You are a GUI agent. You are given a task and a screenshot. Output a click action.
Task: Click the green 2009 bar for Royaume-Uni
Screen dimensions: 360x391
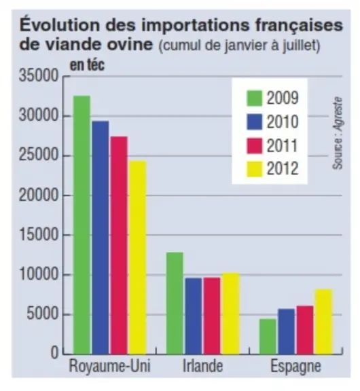tap(82, 225)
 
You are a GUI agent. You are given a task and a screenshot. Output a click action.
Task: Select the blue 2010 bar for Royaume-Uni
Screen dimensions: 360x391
tap(101, 238)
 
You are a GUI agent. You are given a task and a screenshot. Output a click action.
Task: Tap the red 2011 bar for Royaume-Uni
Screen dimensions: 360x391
tap(119, 245)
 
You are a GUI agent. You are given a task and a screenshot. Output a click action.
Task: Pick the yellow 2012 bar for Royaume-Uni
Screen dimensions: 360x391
tap(138, 257)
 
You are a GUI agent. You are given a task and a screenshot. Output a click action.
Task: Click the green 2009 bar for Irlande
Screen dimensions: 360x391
tap(175, 303)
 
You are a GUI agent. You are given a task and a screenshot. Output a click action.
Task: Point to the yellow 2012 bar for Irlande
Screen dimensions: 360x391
tap(231, 314)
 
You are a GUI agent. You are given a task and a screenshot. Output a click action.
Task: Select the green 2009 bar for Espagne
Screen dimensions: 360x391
tap(268, 337)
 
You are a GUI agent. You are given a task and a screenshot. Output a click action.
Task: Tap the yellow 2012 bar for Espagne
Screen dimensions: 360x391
tap(324, 322)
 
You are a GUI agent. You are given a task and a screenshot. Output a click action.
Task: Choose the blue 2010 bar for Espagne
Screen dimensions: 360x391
tap(287, 331)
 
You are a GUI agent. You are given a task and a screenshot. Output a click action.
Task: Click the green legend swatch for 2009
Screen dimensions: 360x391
tap(255, 98)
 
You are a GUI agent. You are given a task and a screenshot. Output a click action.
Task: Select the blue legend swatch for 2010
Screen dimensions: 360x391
tap(255, 122)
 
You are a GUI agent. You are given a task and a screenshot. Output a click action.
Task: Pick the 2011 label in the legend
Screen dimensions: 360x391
tap(283, 146)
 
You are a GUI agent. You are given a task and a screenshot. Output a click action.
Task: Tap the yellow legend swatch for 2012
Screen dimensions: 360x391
tap(255, 169)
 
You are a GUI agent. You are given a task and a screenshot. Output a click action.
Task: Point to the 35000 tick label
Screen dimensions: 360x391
tap(39, 75)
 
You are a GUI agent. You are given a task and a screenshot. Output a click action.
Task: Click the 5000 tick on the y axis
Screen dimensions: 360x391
tap(43, 314)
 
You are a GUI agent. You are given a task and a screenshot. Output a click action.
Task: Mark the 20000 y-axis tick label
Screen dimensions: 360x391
tap(39, 195)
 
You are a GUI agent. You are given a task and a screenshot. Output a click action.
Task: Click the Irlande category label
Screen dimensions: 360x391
tap(202, 366)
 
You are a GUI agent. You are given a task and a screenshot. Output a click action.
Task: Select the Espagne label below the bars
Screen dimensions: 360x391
tap(296, 367)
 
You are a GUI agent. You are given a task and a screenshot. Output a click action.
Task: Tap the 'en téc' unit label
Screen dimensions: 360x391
tap(87, 65)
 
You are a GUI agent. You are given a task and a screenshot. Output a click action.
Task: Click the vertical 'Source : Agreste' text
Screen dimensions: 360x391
tap(338, 133)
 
